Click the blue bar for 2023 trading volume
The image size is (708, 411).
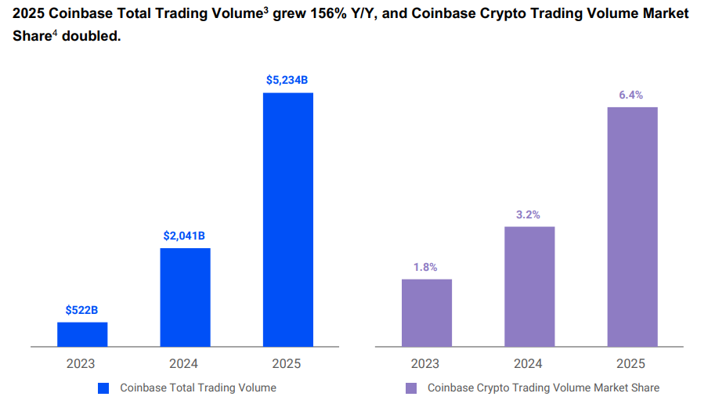(x=82, y=334)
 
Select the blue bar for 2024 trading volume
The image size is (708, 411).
(x=185, y=297)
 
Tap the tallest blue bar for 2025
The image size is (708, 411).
(x=287, y=219)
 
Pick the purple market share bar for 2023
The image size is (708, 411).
(x=426, y=312)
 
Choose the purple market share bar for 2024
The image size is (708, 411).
(x=529, y=287)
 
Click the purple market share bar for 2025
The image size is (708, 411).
(x=632, y=226)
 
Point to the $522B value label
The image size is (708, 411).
(x=81, y=310)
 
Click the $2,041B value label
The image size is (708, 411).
(x=184, y=236)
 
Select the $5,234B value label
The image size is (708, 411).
(x=287, y=80)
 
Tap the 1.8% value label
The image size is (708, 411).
(x=426, y=267)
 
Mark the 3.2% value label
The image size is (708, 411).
(x=529, y=214)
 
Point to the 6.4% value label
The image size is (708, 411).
(x=631, y=95)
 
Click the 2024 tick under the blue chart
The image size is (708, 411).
(x=185, y=363)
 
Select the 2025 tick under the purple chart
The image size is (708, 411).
(x=631, y=363)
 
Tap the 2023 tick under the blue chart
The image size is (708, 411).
(x=81, y=363)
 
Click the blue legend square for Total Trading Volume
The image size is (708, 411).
(x=103, y=388)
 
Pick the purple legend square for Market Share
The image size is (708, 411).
(x=411, y=388)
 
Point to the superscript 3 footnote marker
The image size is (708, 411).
(x=265, y=9)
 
